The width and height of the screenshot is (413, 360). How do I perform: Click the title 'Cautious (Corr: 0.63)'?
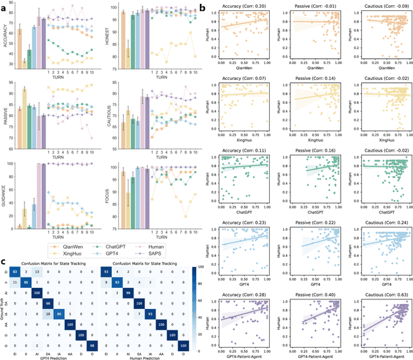point(374,294)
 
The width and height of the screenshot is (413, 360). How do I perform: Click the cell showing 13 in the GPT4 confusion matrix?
point(37,272)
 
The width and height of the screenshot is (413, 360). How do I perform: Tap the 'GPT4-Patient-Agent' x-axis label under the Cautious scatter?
point(374,355)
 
